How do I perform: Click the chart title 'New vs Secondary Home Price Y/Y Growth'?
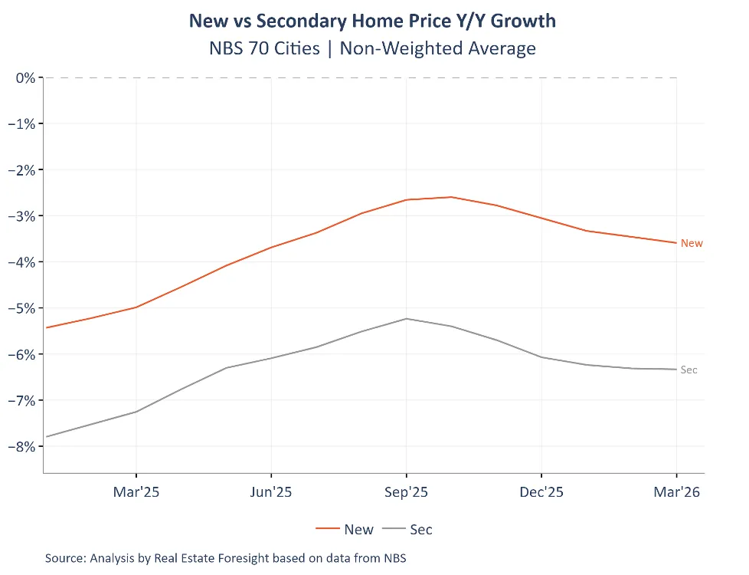[x=372, y=21]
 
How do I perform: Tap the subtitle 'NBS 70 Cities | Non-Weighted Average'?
[x=372, y=48]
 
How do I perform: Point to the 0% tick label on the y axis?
[x=26, y=77]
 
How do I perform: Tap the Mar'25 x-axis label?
[x=136, y=492]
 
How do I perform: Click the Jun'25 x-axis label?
[x=271, y=492]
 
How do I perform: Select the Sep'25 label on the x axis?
[x=407, y=492]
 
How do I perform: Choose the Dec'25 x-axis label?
[x=541, y=492]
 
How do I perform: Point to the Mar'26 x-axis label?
[x=676, y=492]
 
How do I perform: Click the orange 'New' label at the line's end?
[x=692, y=243]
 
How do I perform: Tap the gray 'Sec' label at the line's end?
[x=689, y=370]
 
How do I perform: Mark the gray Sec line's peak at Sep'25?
[x=407, y=319]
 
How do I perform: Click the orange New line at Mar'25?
[x=136, y=307]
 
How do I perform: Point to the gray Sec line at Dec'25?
[x=541, y=357]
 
